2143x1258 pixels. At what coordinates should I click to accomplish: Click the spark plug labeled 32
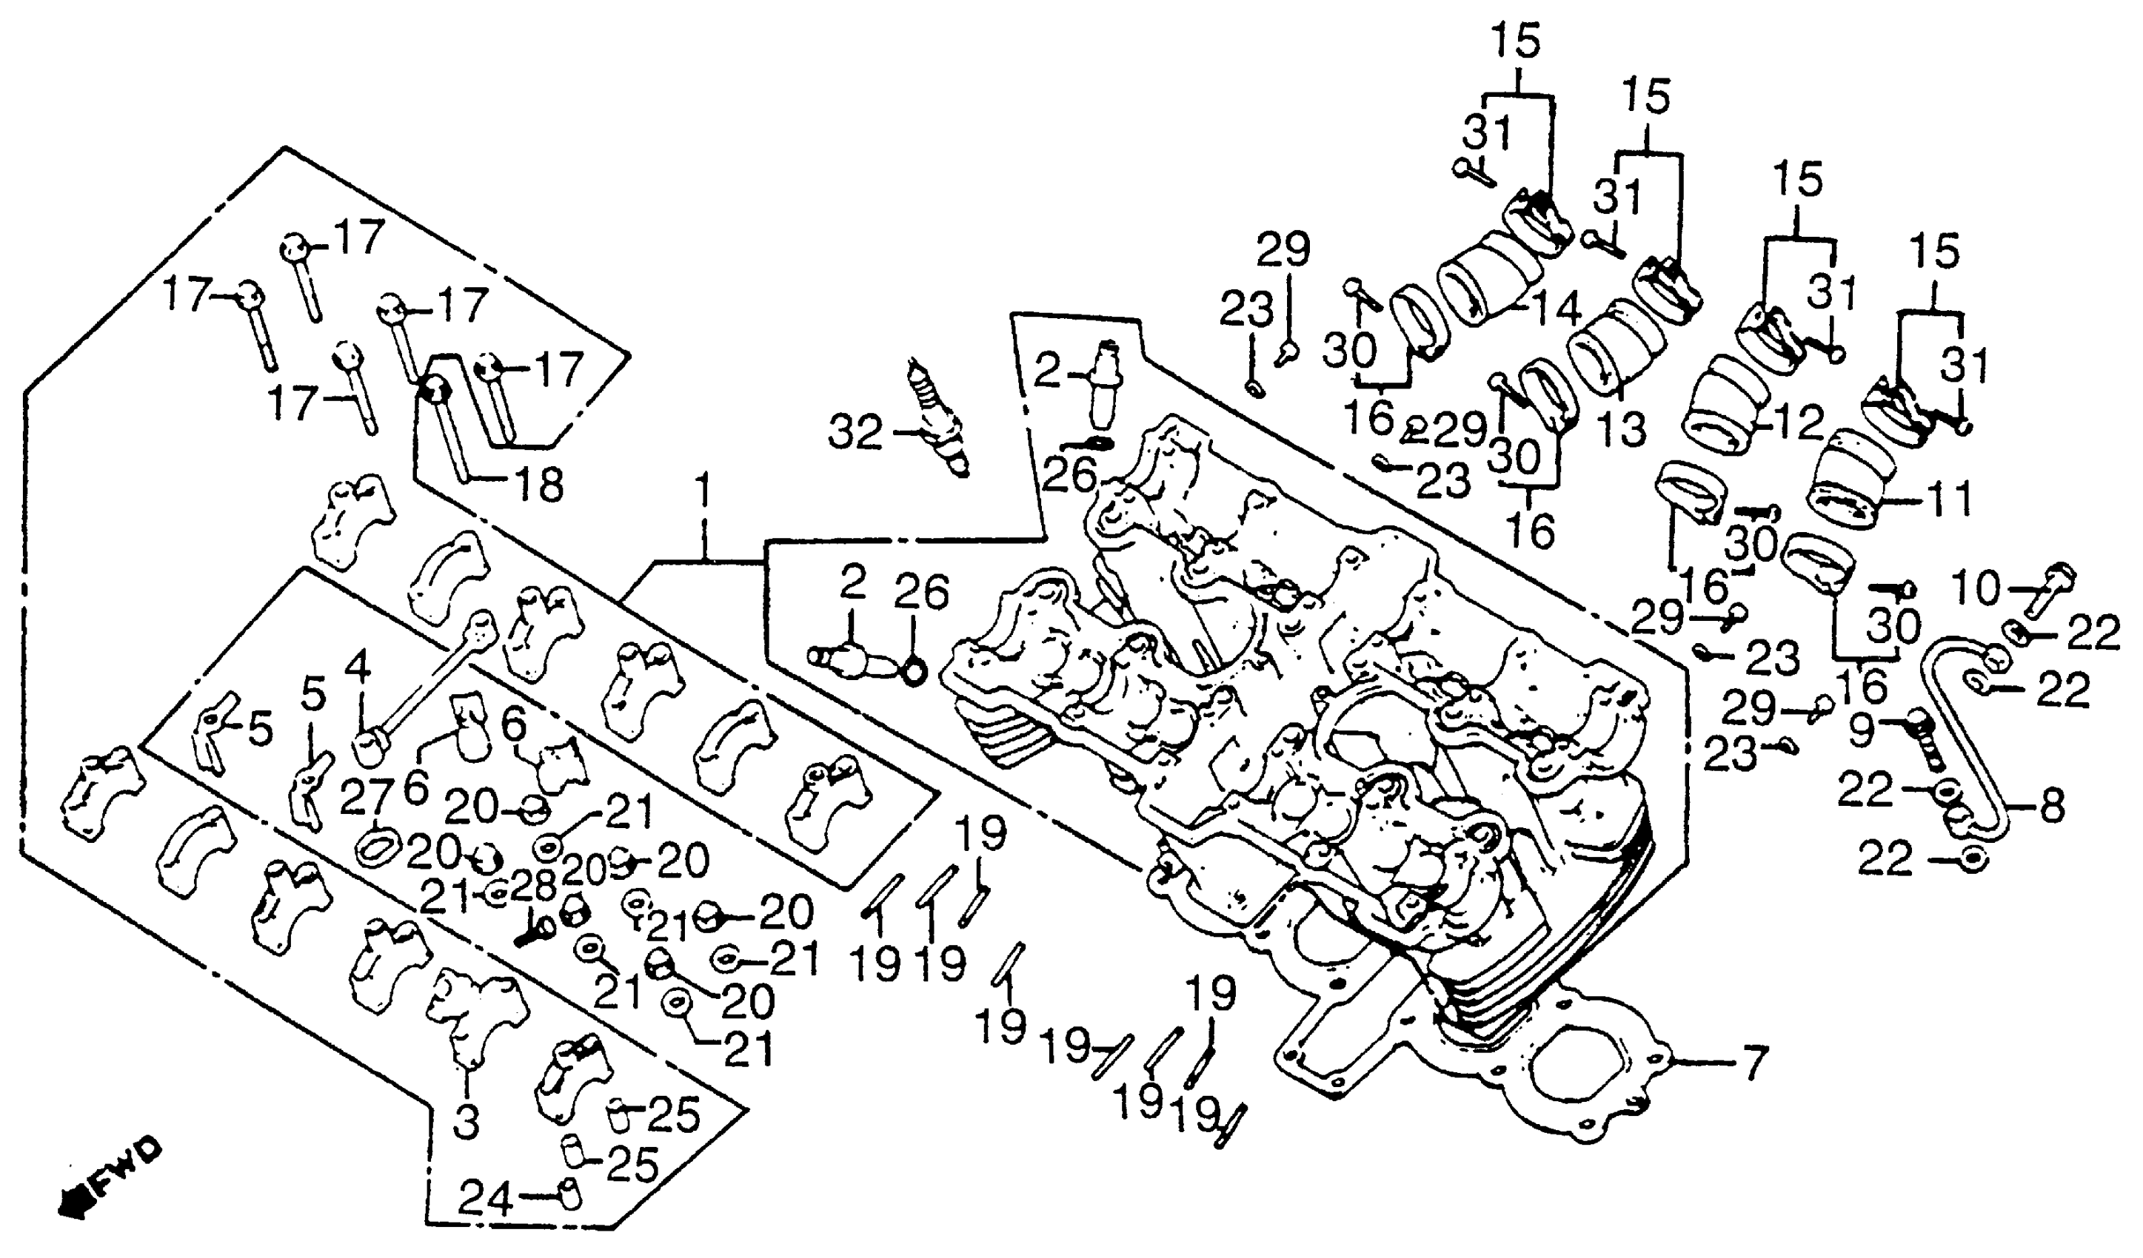click(940, 418)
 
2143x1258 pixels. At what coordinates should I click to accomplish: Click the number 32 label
click(855, 434)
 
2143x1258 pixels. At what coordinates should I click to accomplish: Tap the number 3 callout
click(466, 1120)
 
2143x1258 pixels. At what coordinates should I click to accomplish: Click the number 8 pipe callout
click(2051, 807)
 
